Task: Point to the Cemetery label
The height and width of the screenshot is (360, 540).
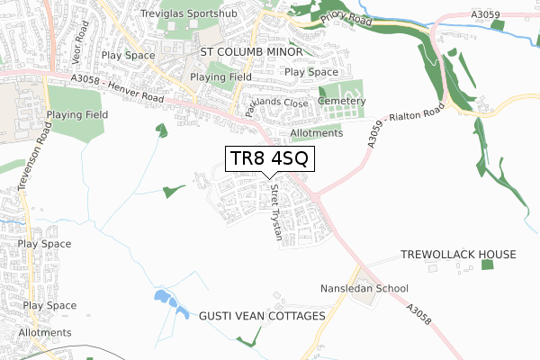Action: (340, 101)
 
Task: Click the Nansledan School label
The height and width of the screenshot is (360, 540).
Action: (364, 289)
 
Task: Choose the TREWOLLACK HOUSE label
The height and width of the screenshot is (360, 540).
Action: (459, 255)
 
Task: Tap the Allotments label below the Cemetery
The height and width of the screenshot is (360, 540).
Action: (317, 133)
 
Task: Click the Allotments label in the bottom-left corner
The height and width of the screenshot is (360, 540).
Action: (44, 332)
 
